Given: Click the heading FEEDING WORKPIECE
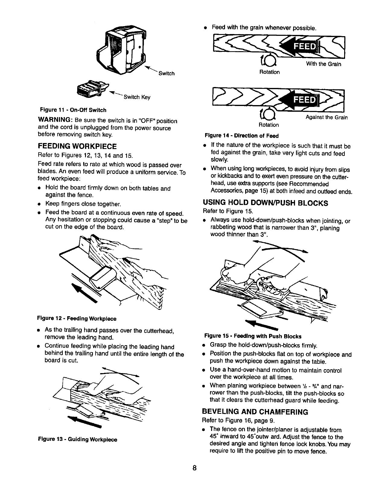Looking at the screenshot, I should (77, 147).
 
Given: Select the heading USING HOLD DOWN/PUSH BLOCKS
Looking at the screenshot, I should (265, 203).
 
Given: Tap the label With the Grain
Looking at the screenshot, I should (324, 64).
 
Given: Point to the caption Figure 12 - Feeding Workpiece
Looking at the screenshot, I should (77, 318).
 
